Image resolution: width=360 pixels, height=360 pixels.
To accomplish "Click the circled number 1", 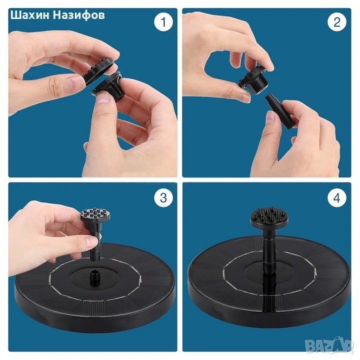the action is [x=163, y=22].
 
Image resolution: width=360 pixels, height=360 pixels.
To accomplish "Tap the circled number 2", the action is [x=337, y=22].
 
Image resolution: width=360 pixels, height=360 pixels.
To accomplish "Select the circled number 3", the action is [x=163, y=197].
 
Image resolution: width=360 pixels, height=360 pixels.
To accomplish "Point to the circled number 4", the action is [x=337, y=197].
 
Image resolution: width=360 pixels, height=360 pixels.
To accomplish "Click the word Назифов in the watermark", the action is [x=79, y=15].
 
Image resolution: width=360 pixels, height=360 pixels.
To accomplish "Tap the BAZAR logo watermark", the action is [x=329, y=345].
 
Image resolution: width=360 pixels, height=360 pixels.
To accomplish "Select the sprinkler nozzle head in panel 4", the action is [x=269, y=216].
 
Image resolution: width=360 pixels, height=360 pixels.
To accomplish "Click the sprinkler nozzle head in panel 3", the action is [x=95, y=216].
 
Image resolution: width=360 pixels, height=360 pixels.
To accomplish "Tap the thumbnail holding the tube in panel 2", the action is [x=271, y=116].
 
